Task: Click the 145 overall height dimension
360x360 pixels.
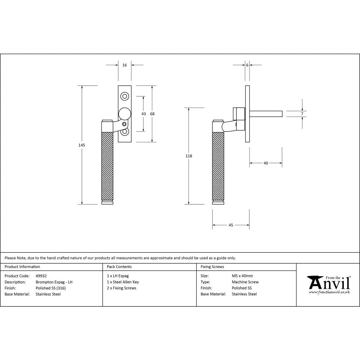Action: coord(82,145)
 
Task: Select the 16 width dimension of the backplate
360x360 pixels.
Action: coord(125,65)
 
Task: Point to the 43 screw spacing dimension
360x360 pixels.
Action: coord(144,114)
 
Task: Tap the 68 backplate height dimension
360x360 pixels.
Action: coord(152,114)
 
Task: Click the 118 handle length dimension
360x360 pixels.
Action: coord(189,156)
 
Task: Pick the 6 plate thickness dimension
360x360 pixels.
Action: coord(247,65)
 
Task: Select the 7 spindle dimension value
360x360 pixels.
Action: coord(302,114)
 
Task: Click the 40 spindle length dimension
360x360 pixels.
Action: coord(266,163)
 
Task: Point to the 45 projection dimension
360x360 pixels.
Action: coord(231,225)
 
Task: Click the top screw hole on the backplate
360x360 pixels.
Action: coord(125,96)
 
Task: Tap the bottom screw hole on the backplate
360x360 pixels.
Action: coord(125,132)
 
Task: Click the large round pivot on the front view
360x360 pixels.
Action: coord(125,114)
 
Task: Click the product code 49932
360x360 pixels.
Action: coord(41,276)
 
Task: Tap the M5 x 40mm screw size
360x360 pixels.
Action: coord(242,276)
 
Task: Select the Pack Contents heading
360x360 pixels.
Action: coord(119,267)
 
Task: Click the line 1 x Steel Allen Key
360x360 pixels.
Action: coord(123,282)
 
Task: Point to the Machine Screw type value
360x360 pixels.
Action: coord(245,282)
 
